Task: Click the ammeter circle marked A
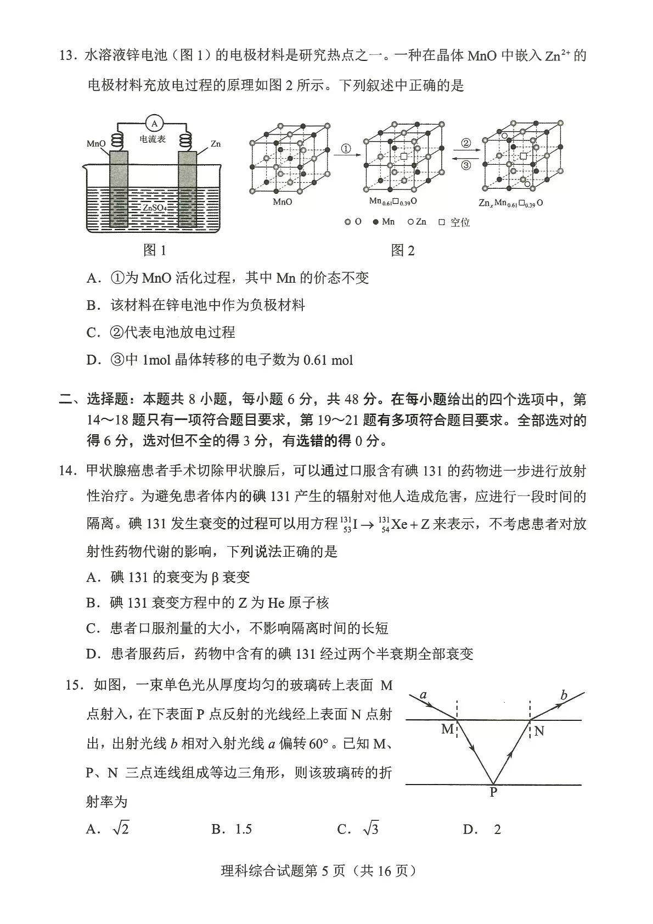click(x=155, y=124)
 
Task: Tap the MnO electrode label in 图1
click(x=95, y=144)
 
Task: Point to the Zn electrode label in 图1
click(x=216, y=144)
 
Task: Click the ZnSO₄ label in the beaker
click(x=155, y=208)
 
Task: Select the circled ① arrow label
click(x=346, y=149)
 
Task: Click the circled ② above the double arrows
click(x=466, y=143)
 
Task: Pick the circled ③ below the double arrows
click(x=466, y=165)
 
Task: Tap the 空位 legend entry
click(x=460, y=222)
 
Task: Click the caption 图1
click(x=154, y=250)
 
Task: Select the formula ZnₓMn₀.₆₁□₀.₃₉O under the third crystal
click(x=511, y=203)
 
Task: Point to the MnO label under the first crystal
click(x=283, y=202)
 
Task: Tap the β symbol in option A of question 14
click(x=215, y=577)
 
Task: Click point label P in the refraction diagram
click(x=493, y=792)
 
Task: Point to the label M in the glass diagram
click(x=447, y=729)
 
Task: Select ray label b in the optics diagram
click(x=564, y=696)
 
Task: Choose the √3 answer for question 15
click(x=371, y=829)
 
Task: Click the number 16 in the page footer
click(x=385, y=871)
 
